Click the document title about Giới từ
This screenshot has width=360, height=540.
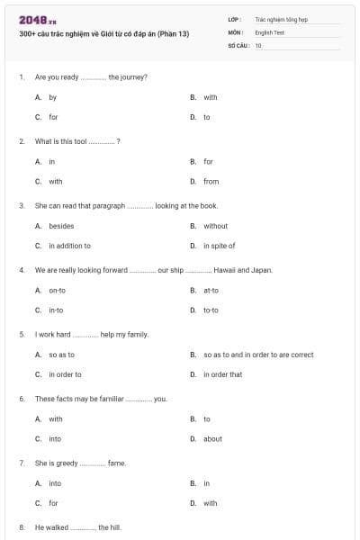click(103, 33)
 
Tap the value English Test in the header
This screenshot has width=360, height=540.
click(269, 31)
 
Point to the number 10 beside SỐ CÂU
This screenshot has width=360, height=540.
click(258, 45)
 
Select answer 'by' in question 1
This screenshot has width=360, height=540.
click(52, 97)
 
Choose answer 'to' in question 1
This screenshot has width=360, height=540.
click(207, 117)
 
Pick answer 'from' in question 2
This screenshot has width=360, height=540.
click(211, 181)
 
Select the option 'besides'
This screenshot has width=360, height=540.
click(61, 226)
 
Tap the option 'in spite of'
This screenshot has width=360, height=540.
click(219, 246)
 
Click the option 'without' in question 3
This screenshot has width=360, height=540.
click(215, 226)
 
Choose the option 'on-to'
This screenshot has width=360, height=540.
click(57, 290)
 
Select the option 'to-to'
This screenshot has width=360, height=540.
click(211, 310)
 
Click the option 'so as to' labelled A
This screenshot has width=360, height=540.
click(61, 355)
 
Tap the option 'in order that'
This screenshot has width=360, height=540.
click(222, 374)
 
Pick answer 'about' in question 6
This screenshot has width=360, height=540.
click(212, 439)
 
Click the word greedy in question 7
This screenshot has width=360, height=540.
click(65, 463)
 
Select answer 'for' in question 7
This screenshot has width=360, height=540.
click(53, 503)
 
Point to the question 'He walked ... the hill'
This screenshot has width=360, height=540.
click(77, 527)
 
